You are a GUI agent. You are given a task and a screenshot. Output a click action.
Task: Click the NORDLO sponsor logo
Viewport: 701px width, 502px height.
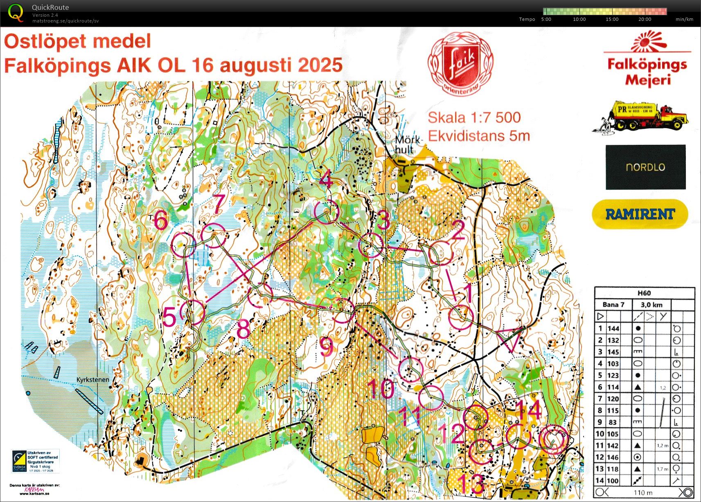(645, 167)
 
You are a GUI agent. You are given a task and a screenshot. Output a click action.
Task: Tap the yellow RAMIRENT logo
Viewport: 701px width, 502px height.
(640, 214)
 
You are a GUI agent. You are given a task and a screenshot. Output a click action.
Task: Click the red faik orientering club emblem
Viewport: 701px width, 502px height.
(461, 64)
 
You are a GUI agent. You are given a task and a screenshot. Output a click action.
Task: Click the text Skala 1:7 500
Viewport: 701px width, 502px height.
(474, 118)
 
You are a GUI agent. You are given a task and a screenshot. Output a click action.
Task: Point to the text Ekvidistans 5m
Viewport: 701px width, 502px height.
(479, 135)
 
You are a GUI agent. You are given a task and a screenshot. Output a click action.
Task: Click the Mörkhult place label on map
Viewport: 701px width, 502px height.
(407, 144)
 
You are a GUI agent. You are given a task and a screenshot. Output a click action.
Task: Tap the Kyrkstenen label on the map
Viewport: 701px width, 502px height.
(93, 380)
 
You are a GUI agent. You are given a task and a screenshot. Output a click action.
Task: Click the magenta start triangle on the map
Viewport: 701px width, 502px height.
(510, 339)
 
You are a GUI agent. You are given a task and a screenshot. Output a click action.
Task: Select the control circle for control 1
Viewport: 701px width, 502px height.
(461, 317)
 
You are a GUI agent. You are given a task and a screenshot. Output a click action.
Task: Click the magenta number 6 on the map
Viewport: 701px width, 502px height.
(160, 221)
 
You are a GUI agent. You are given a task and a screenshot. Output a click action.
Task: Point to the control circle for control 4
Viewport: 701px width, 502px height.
(327, 212)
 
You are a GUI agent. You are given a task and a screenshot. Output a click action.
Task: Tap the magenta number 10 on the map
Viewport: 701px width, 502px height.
(381, 389)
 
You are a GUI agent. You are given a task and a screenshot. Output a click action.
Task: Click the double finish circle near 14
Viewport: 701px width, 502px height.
(553, 440)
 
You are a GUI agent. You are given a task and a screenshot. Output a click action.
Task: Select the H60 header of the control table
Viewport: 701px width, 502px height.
(644, 293)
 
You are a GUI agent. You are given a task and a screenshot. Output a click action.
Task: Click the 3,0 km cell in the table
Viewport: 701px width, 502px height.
(651, 305)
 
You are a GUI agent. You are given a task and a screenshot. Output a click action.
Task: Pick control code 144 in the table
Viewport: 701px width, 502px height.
(613, 329)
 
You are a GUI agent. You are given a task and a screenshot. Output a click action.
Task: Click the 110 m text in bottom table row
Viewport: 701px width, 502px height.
(642, 493)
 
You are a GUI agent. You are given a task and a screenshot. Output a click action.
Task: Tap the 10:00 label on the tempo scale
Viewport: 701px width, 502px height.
(579, 19)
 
